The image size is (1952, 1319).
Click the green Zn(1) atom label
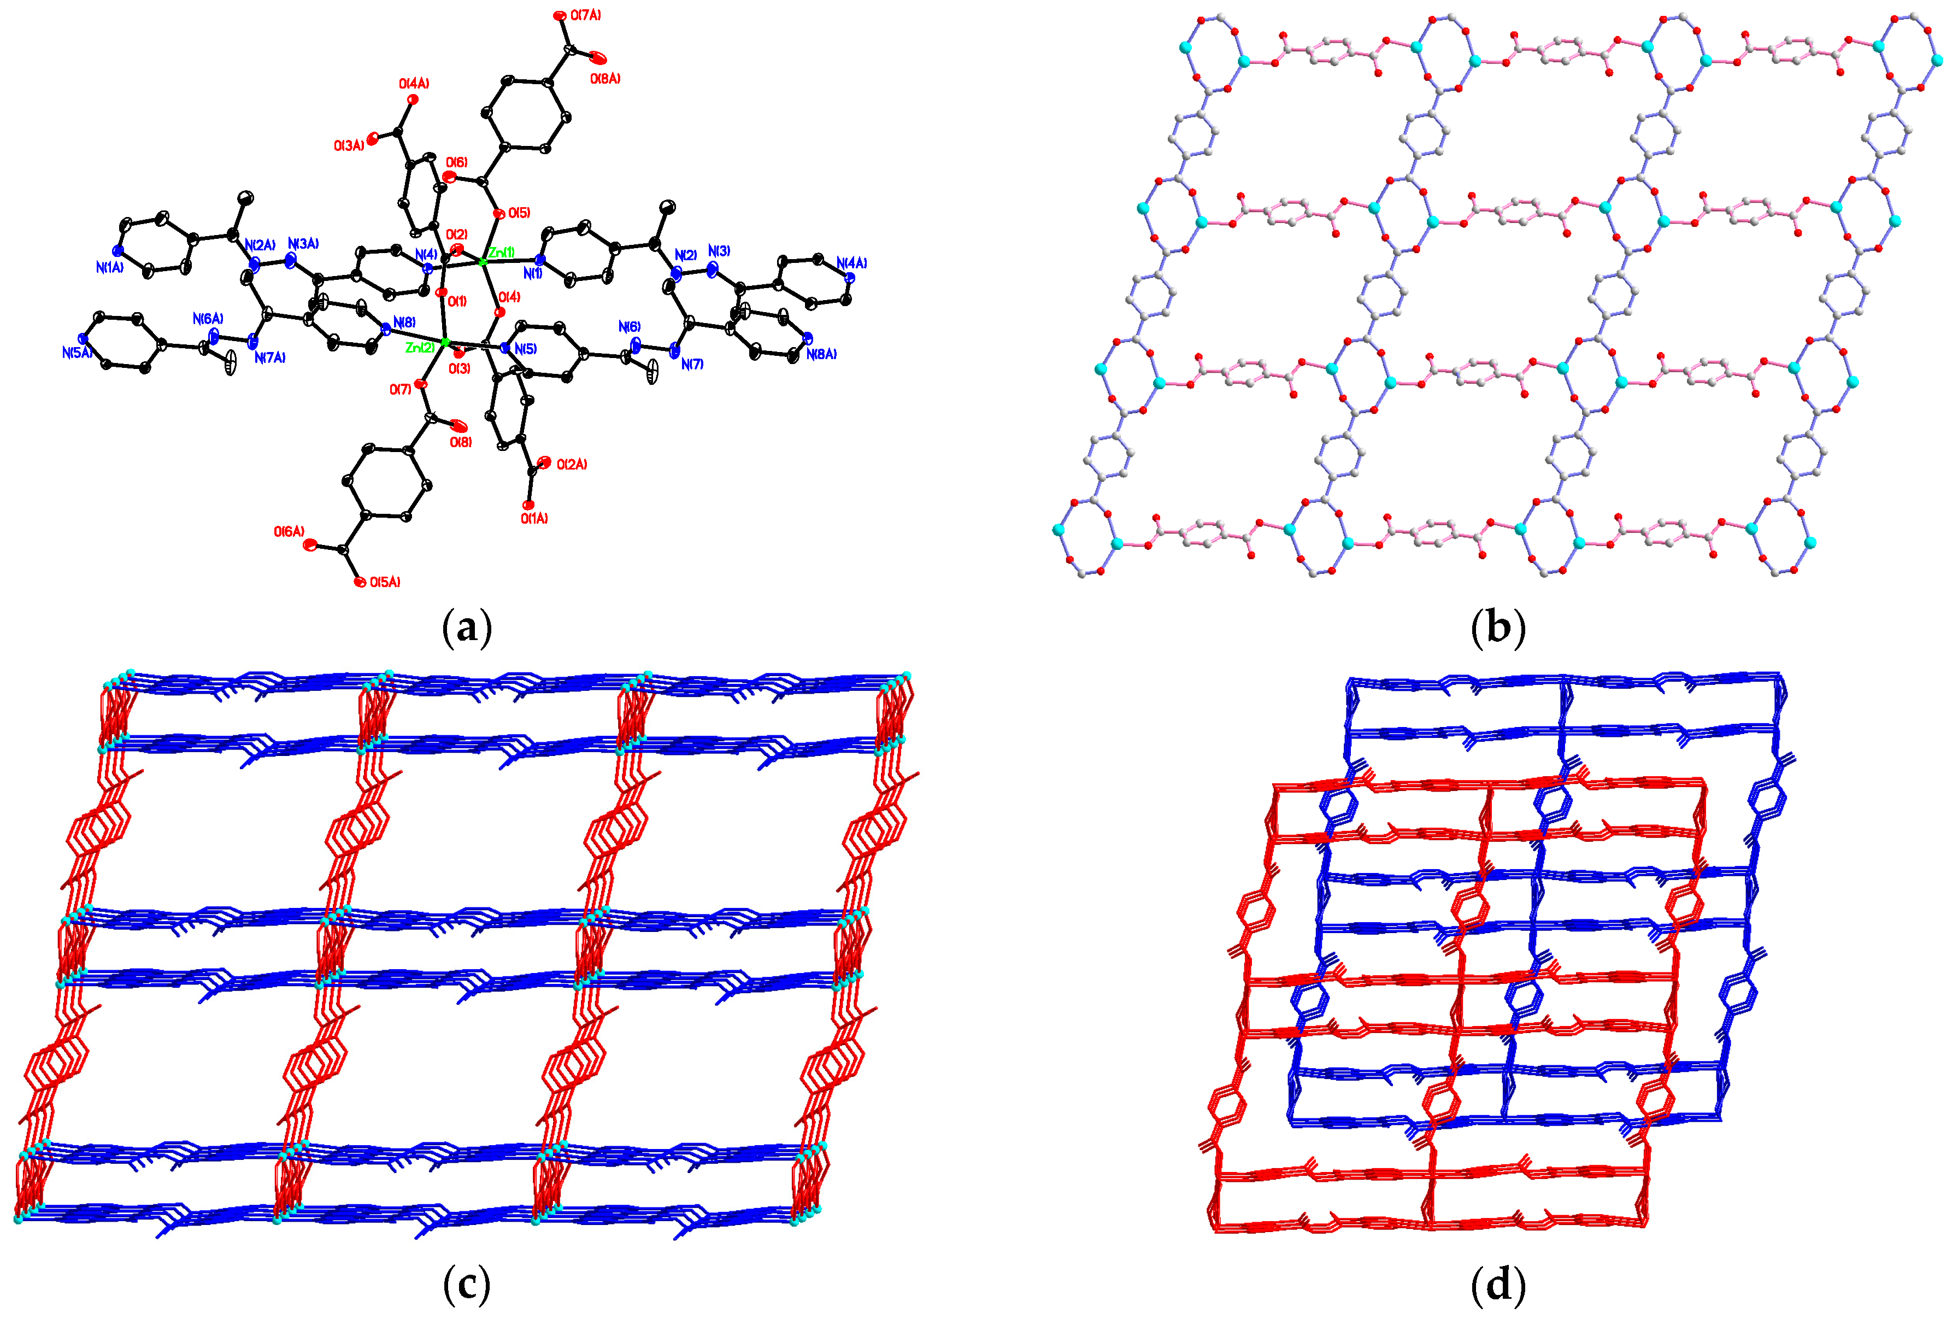click(502, 252)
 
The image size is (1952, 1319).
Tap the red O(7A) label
click(585, 15)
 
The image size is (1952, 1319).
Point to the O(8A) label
click(605, 79)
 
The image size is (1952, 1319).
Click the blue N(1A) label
click(109, 267)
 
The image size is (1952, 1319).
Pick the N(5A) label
click(77, 353)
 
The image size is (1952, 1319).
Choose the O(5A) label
click(385, 582)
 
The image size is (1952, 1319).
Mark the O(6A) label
click(289, 532)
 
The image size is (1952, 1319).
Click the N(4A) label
click(852, 263)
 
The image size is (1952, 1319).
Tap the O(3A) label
click(349, 145)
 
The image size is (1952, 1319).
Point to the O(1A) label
click(534, 518)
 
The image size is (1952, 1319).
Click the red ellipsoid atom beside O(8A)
click(597, 57)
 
